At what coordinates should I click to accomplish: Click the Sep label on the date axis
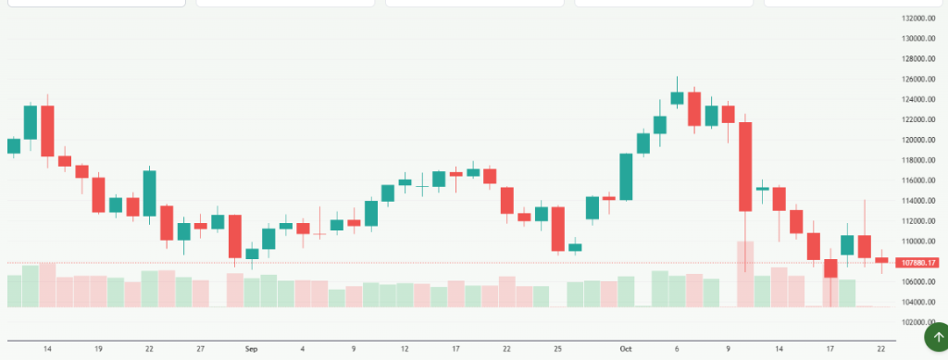pos(252,349)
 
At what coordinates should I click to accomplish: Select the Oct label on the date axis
pos(626,349)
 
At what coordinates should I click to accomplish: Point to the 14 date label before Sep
pos(47,349)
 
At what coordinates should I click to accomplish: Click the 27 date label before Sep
pos(201,349)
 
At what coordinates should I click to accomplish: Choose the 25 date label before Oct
pos(558,349)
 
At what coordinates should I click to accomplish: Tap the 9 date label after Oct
pos(729,349)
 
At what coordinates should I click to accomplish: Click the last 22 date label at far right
pos(881,349)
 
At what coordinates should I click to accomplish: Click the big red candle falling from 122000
pos(745,167)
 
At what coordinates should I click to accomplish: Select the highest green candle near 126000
pos(677,98)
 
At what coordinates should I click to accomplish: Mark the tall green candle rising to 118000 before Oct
pos(627,176)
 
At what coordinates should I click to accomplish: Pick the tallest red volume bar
pos(745,274)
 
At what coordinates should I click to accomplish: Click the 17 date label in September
pos(455,349)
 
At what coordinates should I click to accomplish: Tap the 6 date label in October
pos(678,349)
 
